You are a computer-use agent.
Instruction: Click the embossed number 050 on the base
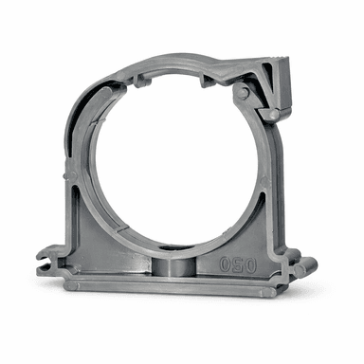[x=238, y=264]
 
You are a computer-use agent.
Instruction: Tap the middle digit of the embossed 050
[x=238, y=264]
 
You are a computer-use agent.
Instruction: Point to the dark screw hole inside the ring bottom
[x=171, y=248]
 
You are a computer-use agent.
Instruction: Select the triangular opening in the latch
[x=267, y=79]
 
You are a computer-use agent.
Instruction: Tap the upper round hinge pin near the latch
[x=242, y=93]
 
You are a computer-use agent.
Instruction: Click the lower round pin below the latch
[x=274, y=115]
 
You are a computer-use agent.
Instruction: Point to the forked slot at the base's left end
[x=45, y=262]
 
